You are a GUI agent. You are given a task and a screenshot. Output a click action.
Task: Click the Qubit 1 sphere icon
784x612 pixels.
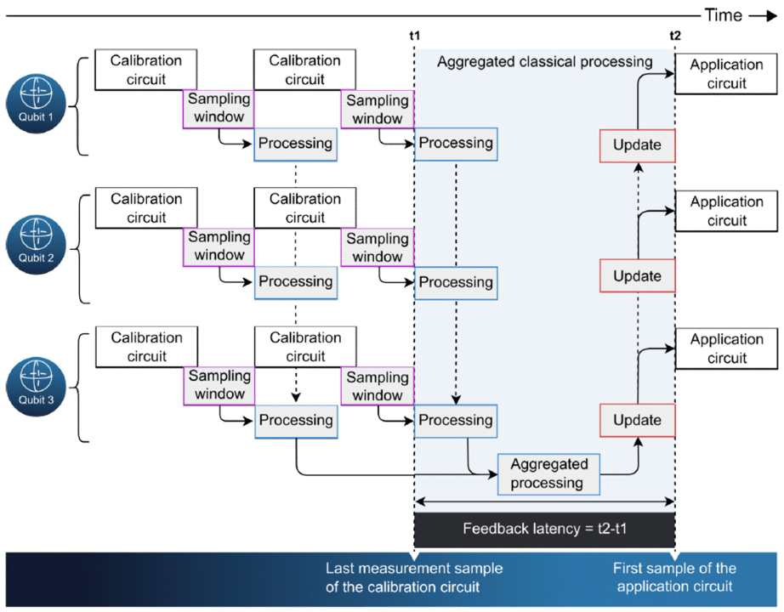coord(36,105)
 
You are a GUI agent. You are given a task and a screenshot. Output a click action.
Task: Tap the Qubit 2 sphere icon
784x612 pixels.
coord(36,245)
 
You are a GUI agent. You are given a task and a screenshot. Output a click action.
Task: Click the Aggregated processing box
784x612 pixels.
coord(548,474)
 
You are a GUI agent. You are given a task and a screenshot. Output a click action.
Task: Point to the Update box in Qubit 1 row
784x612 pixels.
coord(637,144)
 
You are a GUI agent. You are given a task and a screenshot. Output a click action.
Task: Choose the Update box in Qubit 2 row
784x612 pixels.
coord(637,275)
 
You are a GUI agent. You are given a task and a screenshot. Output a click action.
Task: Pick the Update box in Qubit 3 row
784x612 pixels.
coord(637,420)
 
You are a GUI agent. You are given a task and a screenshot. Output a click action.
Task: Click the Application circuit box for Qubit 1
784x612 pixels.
coord(728,74)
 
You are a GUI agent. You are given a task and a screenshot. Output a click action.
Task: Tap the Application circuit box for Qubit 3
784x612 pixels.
coord(728,348)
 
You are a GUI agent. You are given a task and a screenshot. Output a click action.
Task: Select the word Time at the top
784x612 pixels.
coord(723,15)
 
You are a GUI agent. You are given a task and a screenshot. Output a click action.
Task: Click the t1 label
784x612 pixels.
coord(414,36)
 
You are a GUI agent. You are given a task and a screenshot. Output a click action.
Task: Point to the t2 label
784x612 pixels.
coord(675,36)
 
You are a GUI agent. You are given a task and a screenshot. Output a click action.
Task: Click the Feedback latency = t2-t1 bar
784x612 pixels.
coord(544,529)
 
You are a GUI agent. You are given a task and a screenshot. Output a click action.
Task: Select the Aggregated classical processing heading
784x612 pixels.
coord(544,62)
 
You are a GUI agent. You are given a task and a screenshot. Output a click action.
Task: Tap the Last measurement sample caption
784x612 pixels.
coord(414,577)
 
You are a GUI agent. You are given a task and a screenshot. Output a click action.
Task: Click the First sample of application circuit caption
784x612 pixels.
coord(674,577)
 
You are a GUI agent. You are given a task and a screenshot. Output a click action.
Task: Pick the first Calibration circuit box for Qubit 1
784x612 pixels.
coord(145,70)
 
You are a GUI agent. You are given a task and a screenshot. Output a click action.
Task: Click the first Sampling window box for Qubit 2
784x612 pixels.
coord(219,246)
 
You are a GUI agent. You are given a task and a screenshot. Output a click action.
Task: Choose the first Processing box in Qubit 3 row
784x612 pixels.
coord(295,420)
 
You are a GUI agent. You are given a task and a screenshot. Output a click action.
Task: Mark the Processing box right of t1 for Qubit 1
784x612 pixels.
coord(456,143)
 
